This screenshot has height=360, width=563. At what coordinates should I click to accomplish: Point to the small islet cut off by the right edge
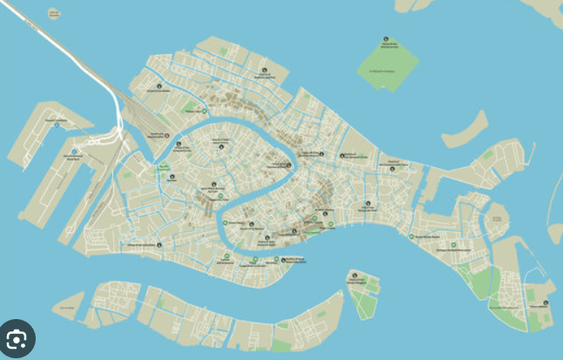point(556,232)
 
